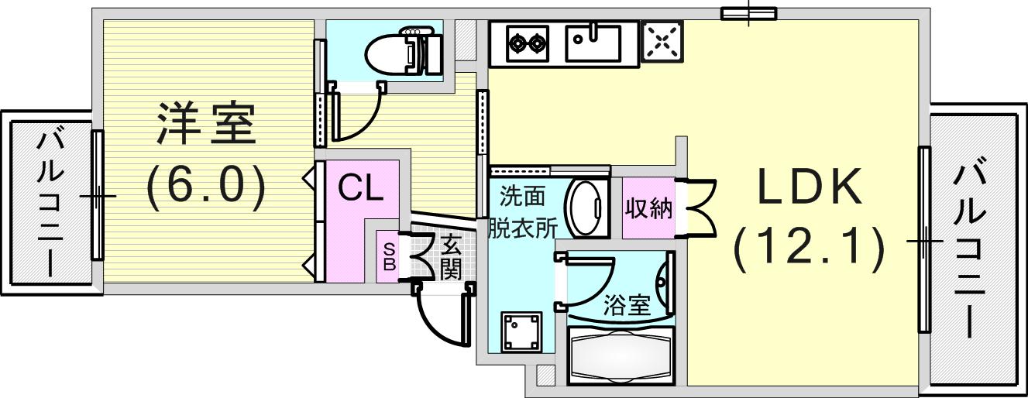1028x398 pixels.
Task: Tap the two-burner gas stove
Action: coord(528,43)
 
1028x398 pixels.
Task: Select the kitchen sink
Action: coord(592,42)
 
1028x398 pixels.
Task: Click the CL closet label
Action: coord(360,188)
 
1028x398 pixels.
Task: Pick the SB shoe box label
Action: coord(389,256)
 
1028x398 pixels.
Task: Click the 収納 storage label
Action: coord(648,208)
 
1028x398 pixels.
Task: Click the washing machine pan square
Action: coord(521,332)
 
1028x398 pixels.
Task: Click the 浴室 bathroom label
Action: coord(626,305)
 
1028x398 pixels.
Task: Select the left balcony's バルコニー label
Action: coord(51,204)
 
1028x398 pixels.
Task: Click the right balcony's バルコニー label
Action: coord(970,252)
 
